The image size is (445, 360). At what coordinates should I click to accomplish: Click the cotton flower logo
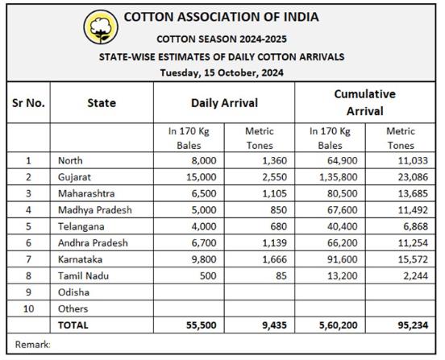[x=101, y=27]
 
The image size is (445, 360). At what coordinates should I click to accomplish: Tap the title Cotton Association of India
[x=222, y=17]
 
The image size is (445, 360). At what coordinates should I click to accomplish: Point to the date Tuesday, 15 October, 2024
[x=222, y=72]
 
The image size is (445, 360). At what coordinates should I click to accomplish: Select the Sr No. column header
[x=28, y=103]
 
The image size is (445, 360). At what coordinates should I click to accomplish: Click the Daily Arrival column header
[x=224, y=103]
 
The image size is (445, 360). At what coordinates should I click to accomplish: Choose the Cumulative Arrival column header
[x=365, y=102]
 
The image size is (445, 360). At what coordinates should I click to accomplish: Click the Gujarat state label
[x=74, y=177]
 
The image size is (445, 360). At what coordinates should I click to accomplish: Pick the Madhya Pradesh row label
[x=95, y=210]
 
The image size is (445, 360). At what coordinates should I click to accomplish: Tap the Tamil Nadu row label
[x=83, y=275]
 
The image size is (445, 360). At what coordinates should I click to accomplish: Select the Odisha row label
[x=73, y=292]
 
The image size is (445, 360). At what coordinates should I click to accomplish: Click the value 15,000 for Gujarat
[x=202, y=177]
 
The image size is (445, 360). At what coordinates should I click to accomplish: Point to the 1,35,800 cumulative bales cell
[x=339, y=177]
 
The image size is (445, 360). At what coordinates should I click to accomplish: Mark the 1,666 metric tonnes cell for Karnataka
[x=274, y=259]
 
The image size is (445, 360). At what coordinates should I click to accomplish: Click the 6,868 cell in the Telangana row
[x=415, y=226]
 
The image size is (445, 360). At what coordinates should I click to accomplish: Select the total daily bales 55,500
[x=202, y=325]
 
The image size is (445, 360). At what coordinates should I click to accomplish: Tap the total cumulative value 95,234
[x=413, y=325]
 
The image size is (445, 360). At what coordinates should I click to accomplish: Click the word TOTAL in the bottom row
[x=73, y=325]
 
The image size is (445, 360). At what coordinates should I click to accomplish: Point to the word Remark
[x=32, y=345]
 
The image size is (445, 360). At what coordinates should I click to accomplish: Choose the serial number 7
[x=28, y=259]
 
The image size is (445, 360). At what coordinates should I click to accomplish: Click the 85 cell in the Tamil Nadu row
[x=281, y=275]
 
